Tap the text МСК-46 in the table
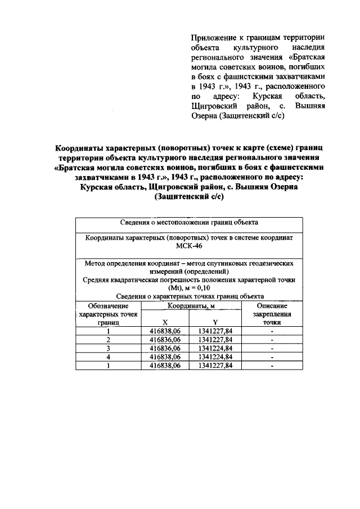[x=189, y=246]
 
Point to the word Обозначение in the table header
[x=108, y=305]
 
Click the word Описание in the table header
[x=272, y=305]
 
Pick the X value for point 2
[x=165, y=340]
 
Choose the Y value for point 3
[x=215, y=348]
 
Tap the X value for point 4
[x=165, y=357]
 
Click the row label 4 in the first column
[x=108, y=357]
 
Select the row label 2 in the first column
[x=108, y=340]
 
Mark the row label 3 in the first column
[x=108, y=348]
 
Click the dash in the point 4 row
[x=272, y=357]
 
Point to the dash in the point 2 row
[x=272, y=340]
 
